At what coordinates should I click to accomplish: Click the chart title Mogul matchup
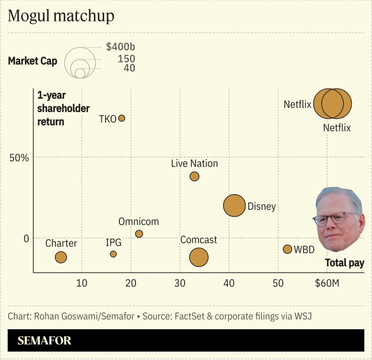click(x=61, y=16)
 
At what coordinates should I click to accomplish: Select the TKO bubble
click(x=121, y=118)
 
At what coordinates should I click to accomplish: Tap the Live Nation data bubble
click(x=194, y=176)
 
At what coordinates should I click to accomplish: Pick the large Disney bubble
click(x=234, y=206)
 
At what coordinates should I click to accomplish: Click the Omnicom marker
click(x=139, y=234)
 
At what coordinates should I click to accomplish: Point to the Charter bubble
click(x=61, y=257)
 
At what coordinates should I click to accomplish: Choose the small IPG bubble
click(x=113, y=254)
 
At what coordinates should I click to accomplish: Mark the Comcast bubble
click(x=199, y=257)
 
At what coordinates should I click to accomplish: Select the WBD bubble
click(x=287, y=249)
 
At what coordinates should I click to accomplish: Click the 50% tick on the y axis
click(x=20, y=158)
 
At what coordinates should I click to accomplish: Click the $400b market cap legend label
click(x=120, y=47)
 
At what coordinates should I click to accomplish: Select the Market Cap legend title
click(x=33, y=61)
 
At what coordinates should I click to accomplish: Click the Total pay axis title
click(x=344, y=263)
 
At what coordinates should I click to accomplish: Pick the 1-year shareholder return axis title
click(x=63, y=108)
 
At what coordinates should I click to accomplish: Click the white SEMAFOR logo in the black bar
click(x=45, y=340)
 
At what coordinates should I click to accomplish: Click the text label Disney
click(x=262, y=207)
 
